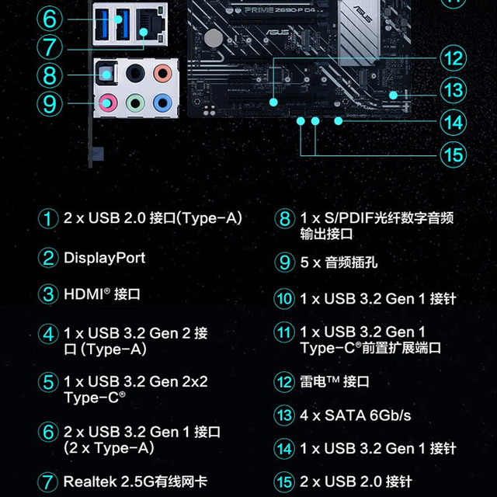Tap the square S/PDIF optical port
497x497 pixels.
(106, 74)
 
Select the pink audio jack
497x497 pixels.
(108, 103)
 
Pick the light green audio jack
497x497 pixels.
(135, 103)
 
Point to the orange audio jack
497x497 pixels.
(162, 73)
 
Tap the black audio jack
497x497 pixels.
(135, 73)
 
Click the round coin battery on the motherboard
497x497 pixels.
(214, 38)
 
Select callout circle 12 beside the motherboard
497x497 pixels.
(454, 58)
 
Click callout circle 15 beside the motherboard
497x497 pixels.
(454, 155)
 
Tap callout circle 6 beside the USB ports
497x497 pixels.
(50, 19)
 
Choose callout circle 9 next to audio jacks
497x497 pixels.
(50, 103)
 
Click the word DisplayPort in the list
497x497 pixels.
(105, 258)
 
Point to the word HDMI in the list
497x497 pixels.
(84, 294)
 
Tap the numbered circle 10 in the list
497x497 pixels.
(284, 298)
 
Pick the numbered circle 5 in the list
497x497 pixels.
(48, 382)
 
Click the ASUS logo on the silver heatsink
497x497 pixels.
(363, 13)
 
